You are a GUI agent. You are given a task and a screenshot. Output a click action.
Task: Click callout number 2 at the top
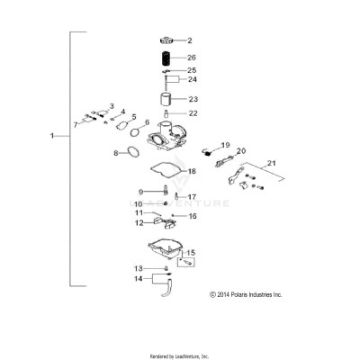190,40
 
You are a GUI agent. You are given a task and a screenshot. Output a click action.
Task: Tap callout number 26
191,57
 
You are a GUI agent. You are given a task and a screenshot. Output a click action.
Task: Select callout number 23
193,99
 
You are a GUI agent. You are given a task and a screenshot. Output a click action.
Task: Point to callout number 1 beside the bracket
53,136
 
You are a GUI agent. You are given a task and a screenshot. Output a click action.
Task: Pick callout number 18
191,171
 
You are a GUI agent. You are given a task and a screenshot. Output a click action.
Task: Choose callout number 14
139,279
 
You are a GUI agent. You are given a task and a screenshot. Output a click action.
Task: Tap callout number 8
116,153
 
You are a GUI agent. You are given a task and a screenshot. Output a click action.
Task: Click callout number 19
226,144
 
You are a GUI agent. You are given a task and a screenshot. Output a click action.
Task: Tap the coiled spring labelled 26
165,58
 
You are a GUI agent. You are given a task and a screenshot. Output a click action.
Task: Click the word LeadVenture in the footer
191,355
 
